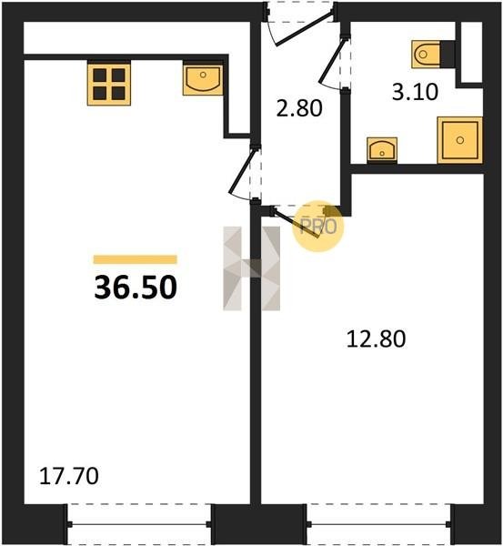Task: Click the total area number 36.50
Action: click(x=136, y=288)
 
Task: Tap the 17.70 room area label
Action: click(x=69, y=476)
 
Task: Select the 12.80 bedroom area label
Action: click(x=376, y=339)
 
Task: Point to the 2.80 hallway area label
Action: click(x=299, y=108)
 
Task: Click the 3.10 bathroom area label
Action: click(x=415, y=93)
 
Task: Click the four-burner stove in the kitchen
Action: click(x=109, y=84)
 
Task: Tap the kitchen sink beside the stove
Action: click(x=203, y=80)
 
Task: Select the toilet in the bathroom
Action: click(x=426, y=54)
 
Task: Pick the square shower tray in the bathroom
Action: click(x=460, y=140)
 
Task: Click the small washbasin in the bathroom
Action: click(x=382, y=149)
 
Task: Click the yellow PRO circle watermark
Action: click(x=317, y=226)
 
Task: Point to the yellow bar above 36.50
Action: click(x=136, y=259)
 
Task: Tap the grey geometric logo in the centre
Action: click(x=251, y=268)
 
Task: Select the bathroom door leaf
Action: click(x=333, y=61)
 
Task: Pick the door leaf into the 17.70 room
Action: click(x=243, y=171)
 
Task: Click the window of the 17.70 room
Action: click(x=139, y=524)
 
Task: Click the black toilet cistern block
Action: click(x=448, y=54)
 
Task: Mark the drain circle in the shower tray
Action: click(x=460, y=140)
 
